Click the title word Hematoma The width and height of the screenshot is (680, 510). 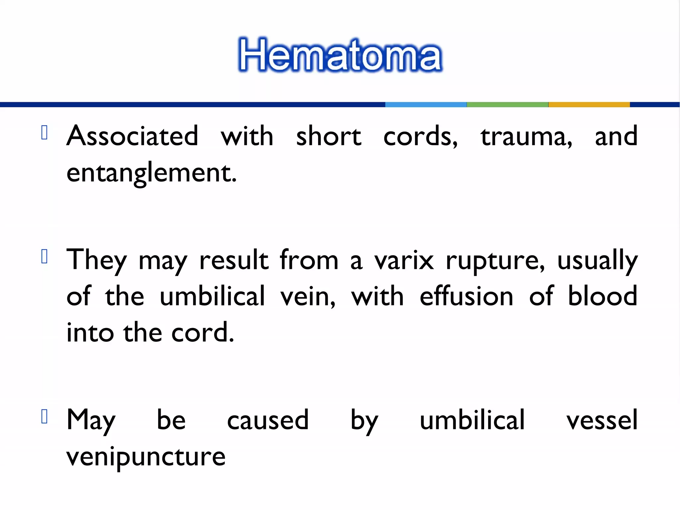pyautogui.click(x=340, y=55)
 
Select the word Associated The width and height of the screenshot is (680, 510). pyautogui.click(x=132, y=136)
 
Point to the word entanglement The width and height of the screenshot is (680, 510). pyautogui.click(x=151, y=173)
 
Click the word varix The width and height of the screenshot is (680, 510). pyautogui.click(x=404, y=261)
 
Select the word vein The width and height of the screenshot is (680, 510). pyautogui.click(x=307, y=297)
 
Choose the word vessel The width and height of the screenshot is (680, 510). pyautogui.click(x=602, y=420)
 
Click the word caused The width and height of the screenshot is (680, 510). pyautogui.click(x=268, y=420)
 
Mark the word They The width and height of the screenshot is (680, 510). pyautogui.click(x=97, y=261)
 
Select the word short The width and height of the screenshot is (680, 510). pyautogui.click(x=328, y=136)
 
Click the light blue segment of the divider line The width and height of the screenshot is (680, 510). pyautogui.click(x=426, y=105)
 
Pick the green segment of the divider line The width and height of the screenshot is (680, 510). pyautogui.click(x=507, y=105)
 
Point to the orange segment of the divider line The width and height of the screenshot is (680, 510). pyautogui.click(x=589, y=105)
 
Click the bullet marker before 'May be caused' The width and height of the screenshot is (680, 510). pyautogui.click(x=44, y=416)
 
